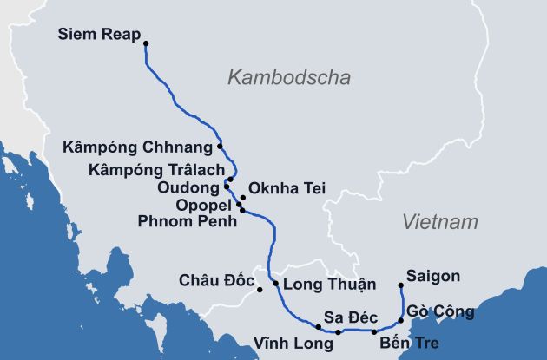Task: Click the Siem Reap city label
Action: pos(98,36)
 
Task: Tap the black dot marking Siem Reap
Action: pos(146,43)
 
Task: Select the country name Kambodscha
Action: pos(288,78)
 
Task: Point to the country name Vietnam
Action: pos(440,222)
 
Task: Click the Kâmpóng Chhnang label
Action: pos(138,147)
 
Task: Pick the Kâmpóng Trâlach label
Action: pos(156,168)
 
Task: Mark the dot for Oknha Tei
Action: pos(242,197)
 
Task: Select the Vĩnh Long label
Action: pos(293,343)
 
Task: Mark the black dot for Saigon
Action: pos(400,285)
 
